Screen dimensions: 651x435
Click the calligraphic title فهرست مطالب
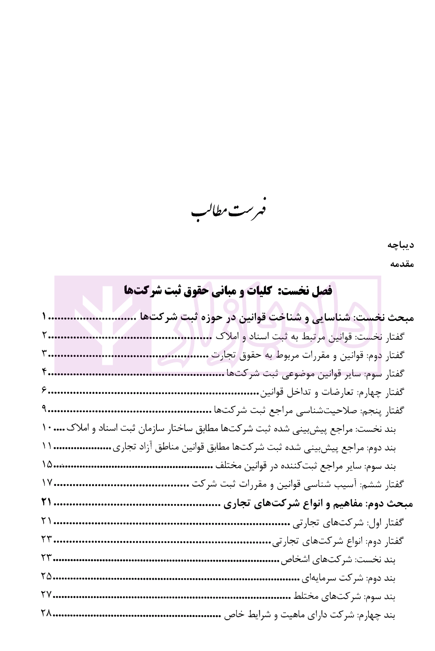[228, 212]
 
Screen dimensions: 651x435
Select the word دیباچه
[401, 245]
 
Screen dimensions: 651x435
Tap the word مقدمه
[402, 264]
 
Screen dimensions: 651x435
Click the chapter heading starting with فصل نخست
[228, 291]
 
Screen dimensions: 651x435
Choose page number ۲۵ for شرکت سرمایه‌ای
[46, 576]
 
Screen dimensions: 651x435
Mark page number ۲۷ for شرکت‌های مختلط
[46, 595]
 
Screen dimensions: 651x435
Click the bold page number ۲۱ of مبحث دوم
[46, 502]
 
